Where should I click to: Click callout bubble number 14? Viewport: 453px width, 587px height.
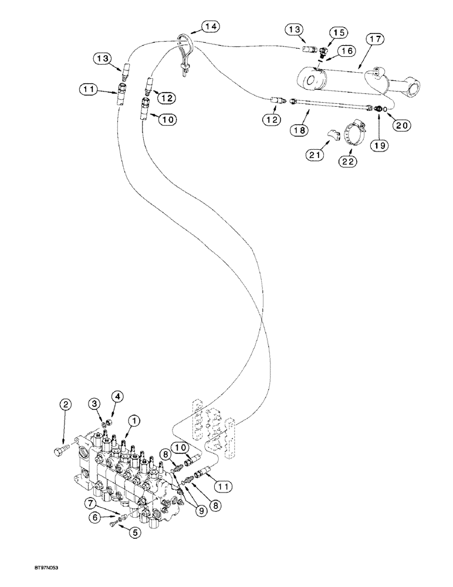tap(210, 26)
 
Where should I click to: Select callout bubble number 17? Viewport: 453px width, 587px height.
tap(376, 41)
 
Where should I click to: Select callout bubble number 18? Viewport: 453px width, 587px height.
tap(301, 130)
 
